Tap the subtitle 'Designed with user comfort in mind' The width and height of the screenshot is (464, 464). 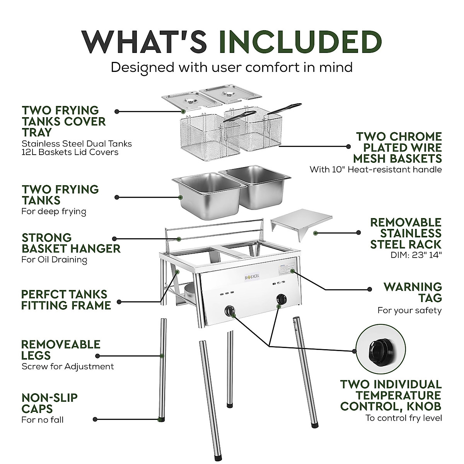pyautogui.click(x=232, y=67)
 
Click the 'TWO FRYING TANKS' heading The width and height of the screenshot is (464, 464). pyautogui.click(x=60, y=195)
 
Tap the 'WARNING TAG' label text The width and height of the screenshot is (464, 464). pyautogui.click(x=412, y=292)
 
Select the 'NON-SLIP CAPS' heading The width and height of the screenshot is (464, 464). pyautogui.click(x=49, y=403)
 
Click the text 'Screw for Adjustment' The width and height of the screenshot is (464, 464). pyautogui.click(x=68, y=366)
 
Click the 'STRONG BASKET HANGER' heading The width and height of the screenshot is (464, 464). pyautogui.click(x=71, y=243)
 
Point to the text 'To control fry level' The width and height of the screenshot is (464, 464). pyautogui.click(x=404, y=418)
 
